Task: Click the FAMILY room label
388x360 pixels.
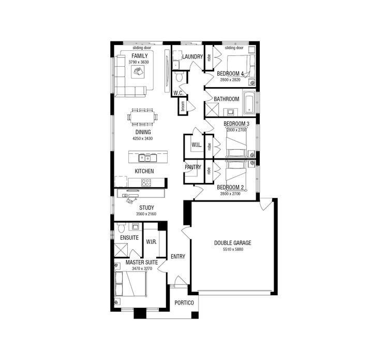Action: pos(140,56)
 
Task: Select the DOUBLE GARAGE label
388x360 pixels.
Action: pos(232,242)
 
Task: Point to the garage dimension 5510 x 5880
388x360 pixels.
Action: pos(232,249)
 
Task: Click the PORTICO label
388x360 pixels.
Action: pos(184,303)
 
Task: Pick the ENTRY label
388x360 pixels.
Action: pos(177,256)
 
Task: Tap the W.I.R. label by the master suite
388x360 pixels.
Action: pos(152,242)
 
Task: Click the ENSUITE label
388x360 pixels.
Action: pos(129,238)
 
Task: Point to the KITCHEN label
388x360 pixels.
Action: pos(144,171)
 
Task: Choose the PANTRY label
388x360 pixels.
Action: pos(193,167)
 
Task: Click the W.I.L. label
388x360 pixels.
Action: pos(196,145)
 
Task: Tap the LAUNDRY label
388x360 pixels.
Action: pos(192,57)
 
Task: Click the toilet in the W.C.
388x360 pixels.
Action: pos(179,78)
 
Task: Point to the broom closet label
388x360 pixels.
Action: pos(183,106)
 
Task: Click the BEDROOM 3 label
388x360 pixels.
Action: pos(236,124)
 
